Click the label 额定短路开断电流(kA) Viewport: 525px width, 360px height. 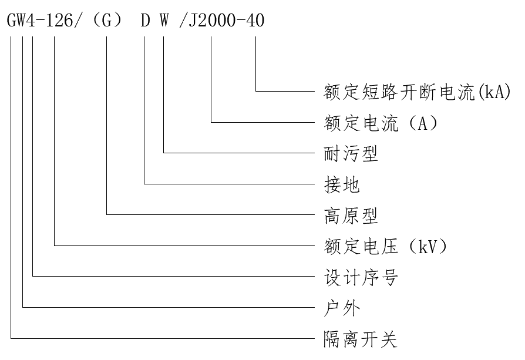[418, 92]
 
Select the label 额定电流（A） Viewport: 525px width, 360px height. [381, 123]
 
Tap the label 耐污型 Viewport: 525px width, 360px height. [351, 154]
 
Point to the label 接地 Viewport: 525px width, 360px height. [342, 185]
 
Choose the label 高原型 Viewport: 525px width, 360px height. [351, 216]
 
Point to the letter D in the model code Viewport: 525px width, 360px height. [145, 21]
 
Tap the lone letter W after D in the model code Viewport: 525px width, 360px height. [164, 21]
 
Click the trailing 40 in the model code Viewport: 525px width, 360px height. [256, 21]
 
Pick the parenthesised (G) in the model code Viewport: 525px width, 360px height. [107, 21]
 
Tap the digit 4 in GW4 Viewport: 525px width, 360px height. [33, 21]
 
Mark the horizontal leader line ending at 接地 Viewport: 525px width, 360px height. [229, 184]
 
